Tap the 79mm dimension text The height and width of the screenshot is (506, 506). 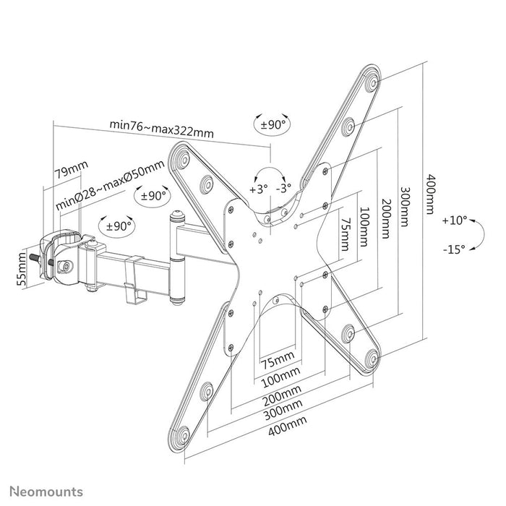pos(72,171)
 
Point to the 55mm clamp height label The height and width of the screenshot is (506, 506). pos(22,268)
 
